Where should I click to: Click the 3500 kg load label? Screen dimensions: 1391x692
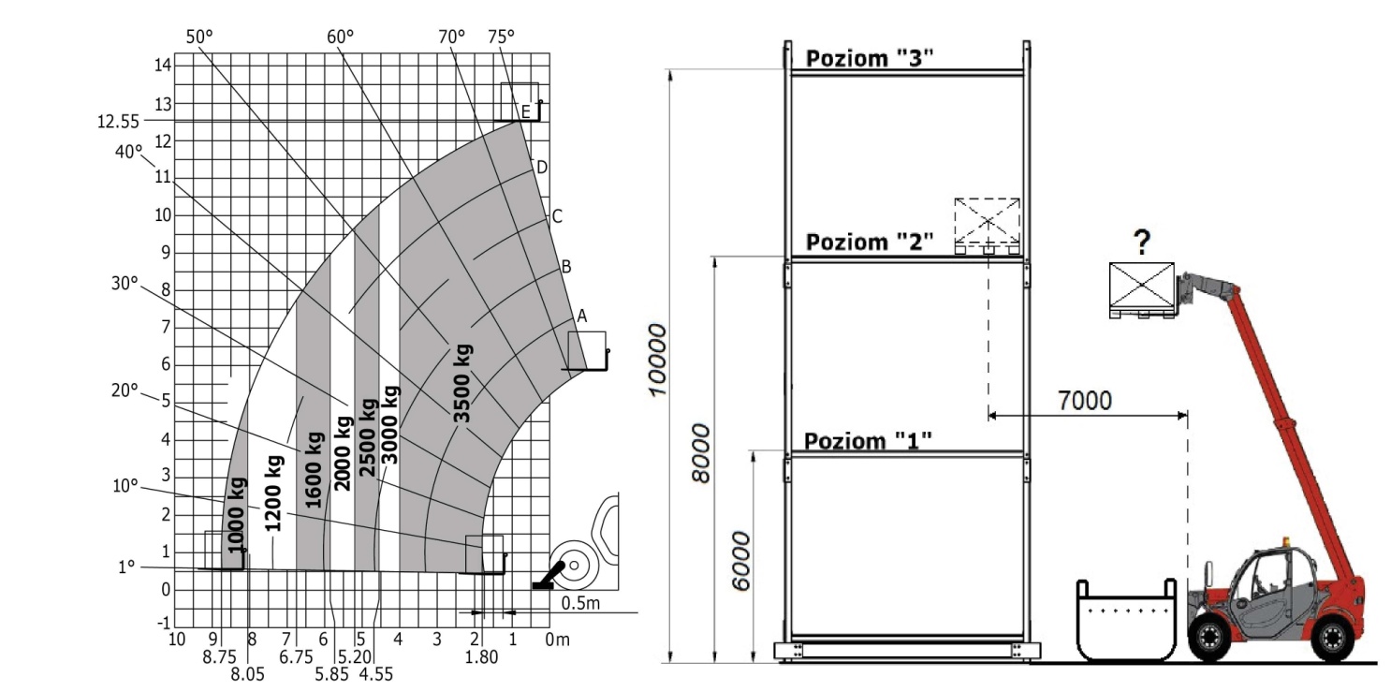point(462,383)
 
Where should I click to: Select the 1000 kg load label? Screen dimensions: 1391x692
point(237,515)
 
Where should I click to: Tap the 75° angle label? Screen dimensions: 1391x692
point(501,37)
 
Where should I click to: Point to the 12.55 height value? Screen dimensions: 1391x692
point(118,121)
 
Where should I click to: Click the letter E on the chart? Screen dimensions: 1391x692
point(526,112)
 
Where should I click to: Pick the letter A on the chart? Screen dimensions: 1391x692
point(581,317)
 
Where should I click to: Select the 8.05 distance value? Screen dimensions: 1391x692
point(247,674)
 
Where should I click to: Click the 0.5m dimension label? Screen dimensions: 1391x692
point(580,603)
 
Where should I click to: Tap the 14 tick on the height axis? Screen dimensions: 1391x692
point(163,65)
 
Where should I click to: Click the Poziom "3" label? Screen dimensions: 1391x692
point(870,58)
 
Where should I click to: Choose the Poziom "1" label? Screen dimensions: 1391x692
point(868,441)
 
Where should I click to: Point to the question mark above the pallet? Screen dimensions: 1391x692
point(1141,243)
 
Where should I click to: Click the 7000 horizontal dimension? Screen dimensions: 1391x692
point(1084,401)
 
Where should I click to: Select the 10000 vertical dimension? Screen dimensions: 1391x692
point(657,359)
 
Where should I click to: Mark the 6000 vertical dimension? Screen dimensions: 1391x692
point(740,561)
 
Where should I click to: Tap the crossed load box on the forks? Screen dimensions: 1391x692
point(1141,290)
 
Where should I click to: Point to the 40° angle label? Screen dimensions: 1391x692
point(128,152)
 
